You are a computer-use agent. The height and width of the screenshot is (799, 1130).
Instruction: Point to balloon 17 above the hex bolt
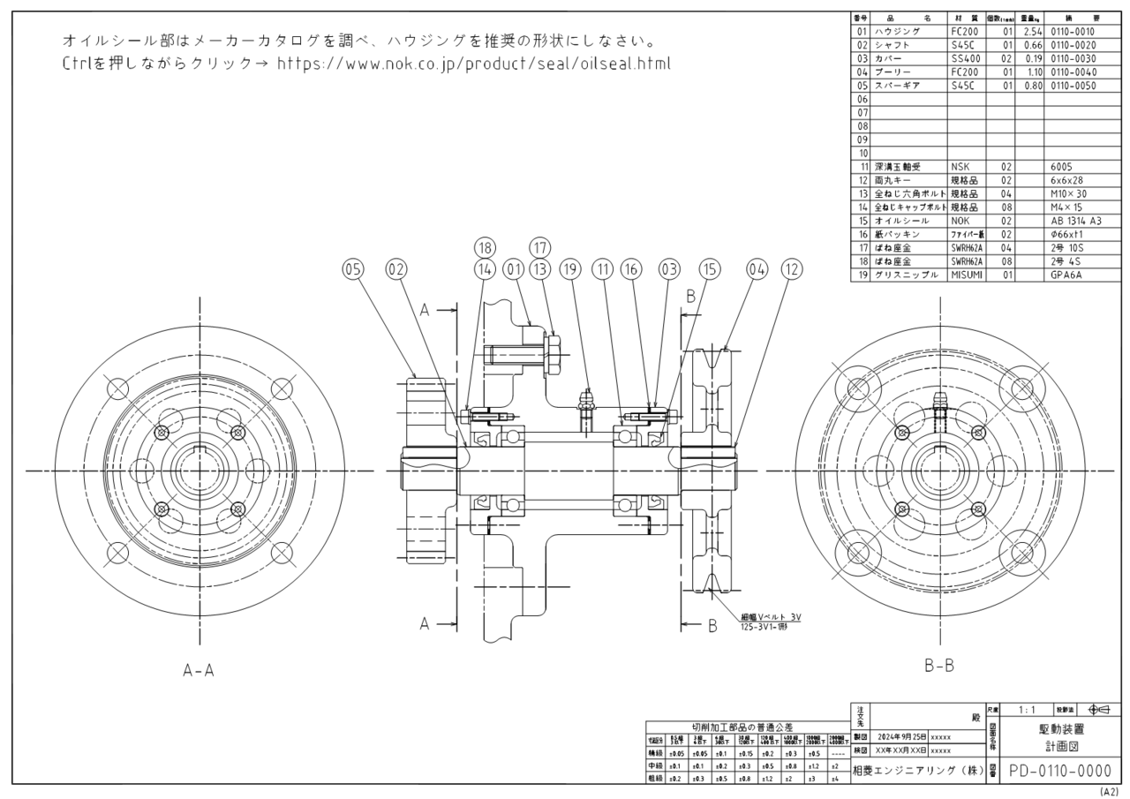tap(540, 248)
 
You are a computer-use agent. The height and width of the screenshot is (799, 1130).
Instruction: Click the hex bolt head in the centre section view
tap(552, 356)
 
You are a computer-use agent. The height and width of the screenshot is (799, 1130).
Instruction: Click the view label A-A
tap(198, 670)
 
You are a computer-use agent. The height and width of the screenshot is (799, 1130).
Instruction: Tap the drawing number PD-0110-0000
tap(1060, 771)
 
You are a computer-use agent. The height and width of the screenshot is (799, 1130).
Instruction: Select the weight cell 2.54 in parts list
tap(1028, 30)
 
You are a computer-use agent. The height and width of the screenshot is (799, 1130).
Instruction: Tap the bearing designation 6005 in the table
tap(1063, 165)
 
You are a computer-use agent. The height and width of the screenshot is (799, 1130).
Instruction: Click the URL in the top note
tap(473, 64)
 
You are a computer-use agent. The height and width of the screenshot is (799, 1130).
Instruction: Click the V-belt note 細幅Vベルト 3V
tap(770, 616)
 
